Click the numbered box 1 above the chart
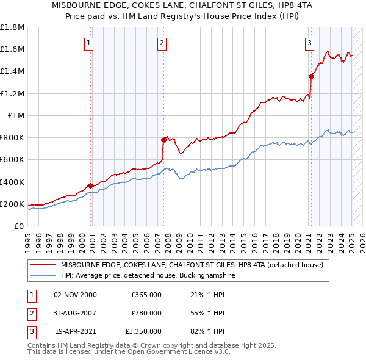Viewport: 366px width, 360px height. (89, 43)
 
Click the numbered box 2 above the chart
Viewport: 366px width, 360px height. (162, 43)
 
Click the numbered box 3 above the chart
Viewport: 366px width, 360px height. (310, 43)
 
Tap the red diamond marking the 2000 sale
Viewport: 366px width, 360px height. (91, 185)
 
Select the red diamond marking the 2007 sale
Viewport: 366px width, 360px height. (164, 140)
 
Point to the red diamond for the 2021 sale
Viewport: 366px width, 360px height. (311, 76)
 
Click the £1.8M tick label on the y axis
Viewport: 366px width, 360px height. (12, 27)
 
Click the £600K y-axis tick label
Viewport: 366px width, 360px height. (12, 160)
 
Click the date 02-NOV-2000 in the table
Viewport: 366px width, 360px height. (75, 295)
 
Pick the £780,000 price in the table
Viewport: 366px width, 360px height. (146, 313)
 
